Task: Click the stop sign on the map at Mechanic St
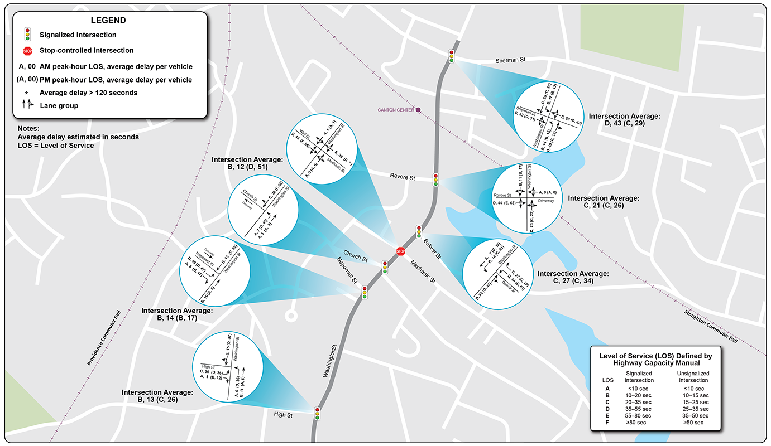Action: tap(400, 251)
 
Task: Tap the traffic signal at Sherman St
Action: tap(451, 56)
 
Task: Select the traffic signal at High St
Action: tap(318, 413)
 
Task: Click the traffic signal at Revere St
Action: tap(435, 179)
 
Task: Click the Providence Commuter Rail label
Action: tap(104, 338)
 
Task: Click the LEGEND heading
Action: tap(110, 20)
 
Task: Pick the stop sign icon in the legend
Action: tap(27, 51)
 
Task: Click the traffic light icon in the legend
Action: tap(27, 35)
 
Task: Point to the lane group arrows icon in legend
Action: tap(27, 105)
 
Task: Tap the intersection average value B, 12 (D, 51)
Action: tap(248, 167)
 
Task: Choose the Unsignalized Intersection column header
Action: tap(691, 376)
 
